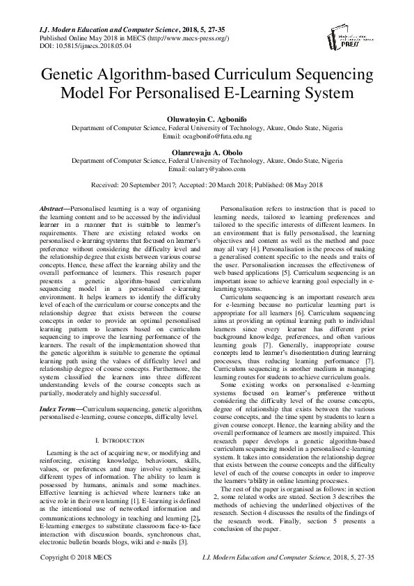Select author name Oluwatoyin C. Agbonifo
tap(207, 118)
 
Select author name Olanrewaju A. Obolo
tap(207, 151)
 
